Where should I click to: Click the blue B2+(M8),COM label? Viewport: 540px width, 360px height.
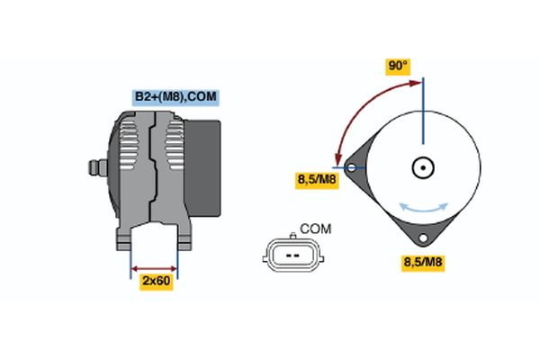176,97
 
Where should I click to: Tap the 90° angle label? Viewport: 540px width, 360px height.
398,67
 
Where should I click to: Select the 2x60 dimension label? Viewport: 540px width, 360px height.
157,282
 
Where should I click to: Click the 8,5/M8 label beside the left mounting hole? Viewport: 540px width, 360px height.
317,180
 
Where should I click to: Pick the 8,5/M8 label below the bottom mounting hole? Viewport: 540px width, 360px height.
423,263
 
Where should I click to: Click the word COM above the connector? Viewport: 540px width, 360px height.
316,229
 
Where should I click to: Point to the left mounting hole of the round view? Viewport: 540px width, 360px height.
351,167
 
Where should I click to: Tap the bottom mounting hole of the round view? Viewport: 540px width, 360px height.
423,238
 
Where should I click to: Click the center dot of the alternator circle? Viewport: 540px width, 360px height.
423,167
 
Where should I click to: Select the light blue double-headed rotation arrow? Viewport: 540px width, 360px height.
424,209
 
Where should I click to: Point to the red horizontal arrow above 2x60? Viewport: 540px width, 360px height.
154,269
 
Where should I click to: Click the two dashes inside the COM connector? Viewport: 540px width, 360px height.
293,256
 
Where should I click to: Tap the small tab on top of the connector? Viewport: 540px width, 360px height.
293,236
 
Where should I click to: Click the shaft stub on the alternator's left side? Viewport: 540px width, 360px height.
98,167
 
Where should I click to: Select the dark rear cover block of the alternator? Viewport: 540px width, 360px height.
202,168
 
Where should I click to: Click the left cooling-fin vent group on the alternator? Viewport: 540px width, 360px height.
128,145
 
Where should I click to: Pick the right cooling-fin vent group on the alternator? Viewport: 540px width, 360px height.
175,145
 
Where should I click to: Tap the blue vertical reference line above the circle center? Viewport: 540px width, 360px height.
423,111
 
